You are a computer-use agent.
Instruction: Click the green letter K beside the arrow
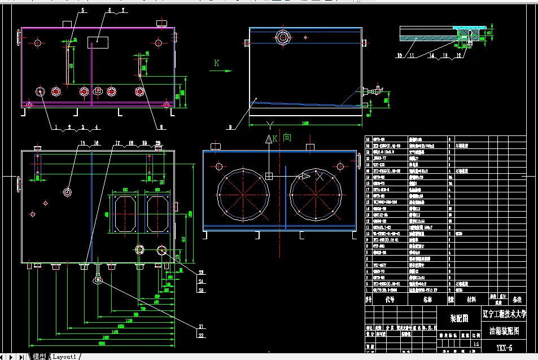216,63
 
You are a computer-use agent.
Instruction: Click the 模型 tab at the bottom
39,357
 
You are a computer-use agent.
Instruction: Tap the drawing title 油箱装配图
504,331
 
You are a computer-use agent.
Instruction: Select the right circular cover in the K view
316,194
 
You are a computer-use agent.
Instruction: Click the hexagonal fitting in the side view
282,38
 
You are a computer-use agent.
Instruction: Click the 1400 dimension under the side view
305,122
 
